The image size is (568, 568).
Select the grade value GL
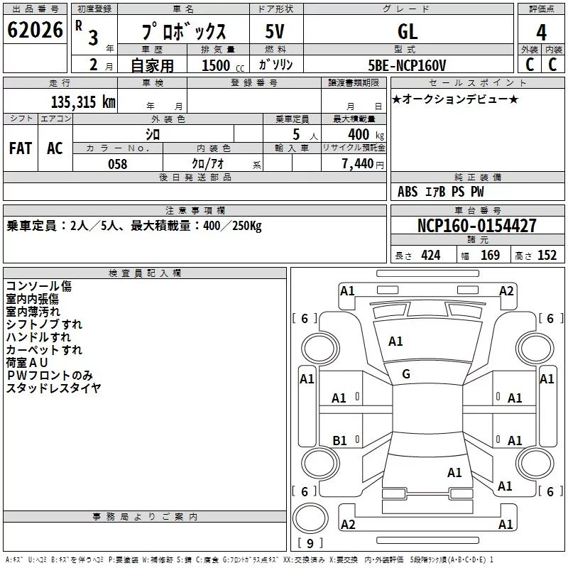[408, 31]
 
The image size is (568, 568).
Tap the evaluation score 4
[542, 33]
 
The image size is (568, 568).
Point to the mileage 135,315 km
[83, 102]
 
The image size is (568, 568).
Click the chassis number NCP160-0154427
[477, 226]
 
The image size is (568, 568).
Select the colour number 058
[117, 164]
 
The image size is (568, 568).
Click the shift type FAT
[21, 148]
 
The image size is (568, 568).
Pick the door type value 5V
[276, 31]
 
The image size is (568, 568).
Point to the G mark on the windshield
[406, 374]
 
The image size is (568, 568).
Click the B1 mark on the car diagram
[339, 440]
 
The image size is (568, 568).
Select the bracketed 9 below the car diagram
[310, 544]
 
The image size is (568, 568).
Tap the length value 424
[431, 256]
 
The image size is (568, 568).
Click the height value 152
[547, 256]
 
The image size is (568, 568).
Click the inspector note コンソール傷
[39, 286]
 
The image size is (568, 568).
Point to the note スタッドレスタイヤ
[53, 388]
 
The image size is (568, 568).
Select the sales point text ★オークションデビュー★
[454, 99]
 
